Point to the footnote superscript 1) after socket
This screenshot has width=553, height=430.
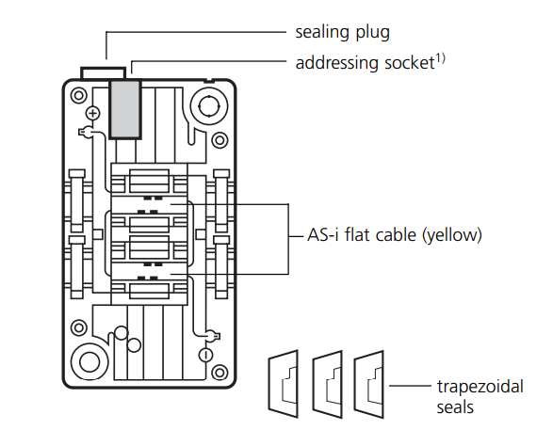click(441, 58)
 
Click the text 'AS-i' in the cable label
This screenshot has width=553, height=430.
click(323, 235)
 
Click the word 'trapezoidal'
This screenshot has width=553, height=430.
click(480, 387)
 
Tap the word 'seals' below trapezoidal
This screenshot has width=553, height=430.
click(455, 407)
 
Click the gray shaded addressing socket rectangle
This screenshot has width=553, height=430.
click(125, 109)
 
